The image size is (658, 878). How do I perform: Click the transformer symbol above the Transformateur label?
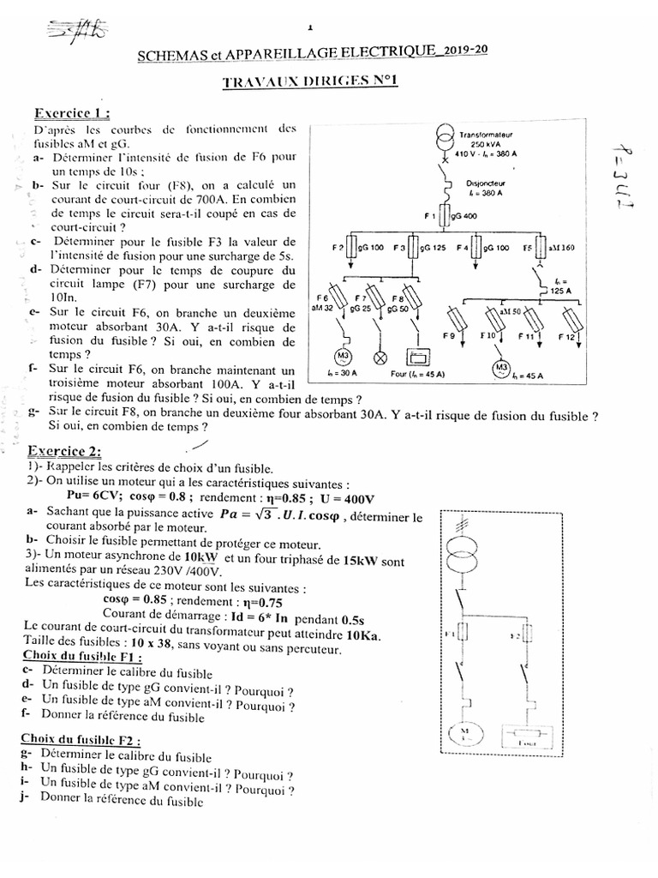tap(445, 138)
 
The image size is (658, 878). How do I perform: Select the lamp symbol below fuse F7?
tap(382, 358)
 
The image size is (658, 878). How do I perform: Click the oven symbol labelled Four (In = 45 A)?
tap(420, 358)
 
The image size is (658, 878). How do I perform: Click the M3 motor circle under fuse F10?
tap(500, 369)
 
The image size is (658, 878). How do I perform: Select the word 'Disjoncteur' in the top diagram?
tap(485, 183)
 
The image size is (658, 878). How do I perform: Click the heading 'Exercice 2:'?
tap(64, 452)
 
